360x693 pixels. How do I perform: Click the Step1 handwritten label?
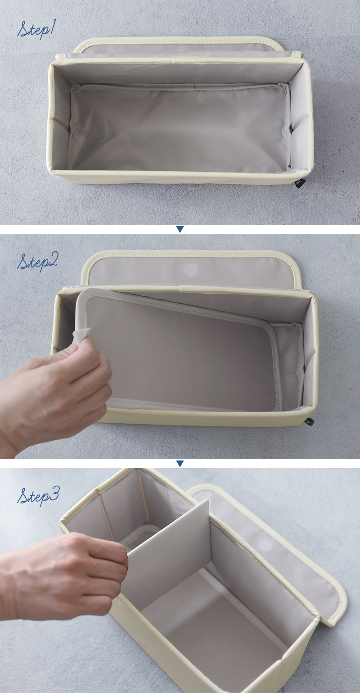pyautogui.click(x=36, y=30)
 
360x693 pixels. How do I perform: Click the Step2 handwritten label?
pyautogui.click(x=37, y=262)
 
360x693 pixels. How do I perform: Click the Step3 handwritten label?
pyautogui.click(x=38, y=496)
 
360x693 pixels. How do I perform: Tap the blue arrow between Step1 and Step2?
pyautogui.click(x=180, y=229)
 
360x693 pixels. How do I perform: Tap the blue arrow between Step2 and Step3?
pyautogui.click(x=180, y=464)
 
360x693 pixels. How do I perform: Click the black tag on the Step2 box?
pyautogui.click(x=309, y=421)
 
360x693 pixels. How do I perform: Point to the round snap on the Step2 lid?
pyautogui.click(x=191, y=270)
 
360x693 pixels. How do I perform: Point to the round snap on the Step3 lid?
pyautogui.click(x=264, y=544)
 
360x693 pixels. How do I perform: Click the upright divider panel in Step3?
pyautogui.click(x=166, y=557)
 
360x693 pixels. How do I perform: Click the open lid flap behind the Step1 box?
pyautogui.click(x=179, y=46)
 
